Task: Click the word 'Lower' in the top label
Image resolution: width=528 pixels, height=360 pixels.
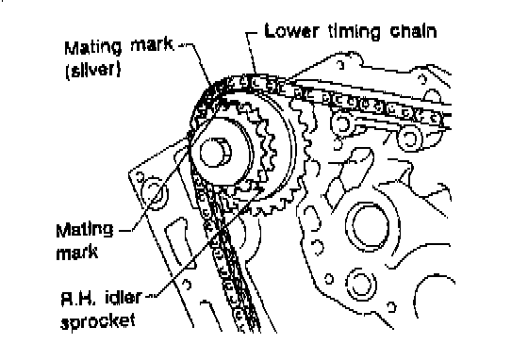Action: pyautogui.click(x=291, y=31)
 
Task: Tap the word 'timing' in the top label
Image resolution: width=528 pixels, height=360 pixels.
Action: pyautogui.click(x=355, y=32)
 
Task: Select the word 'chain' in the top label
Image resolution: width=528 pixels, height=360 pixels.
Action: pyautogui.click(x=413, y=31)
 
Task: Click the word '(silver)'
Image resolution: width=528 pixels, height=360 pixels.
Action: pyautogui.click(x=93, y=70)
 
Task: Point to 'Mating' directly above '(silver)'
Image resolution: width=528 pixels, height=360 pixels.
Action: pyautogui.click(x=92, y=48)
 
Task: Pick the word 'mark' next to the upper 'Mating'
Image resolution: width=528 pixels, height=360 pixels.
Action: pyautogui.click(x=152, y=45)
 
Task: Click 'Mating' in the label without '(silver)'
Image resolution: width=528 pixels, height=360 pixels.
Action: pyautogui.click(x=84, y=231)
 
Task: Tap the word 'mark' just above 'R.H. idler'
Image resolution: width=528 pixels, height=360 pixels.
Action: pyautogui.click(x=76, y=253)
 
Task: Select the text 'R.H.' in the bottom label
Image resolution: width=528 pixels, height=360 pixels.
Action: pyautogui.click(x=77, y=298)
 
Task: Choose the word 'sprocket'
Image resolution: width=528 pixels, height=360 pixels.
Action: pyautogui.click(x=98, y=321)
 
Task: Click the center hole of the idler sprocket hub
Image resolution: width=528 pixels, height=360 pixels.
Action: pyautogui.click(x=215, y=153)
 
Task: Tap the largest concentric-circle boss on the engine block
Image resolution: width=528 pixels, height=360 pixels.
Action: pyautogui.click(x=369, y=226)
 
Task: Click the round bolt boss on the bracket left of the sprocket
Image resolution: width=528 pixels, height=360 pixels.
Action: pyautogui.click(x=155, y=193)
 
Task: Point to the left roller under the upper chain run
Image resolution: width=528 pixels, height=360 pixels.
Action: pyautogui.click(x=341, y=123)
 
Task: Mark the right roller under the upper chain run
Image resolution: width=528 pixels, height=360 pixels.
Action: pyautogui.click(x=409, y=139)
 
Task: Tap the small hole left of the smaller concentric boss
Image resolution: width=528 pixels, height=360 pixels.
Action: pyautogui.click(x=329, y=279)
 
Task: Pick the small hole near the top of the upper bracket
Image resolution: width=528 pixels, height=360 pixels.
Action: pyautogui.click(x=341, y=64)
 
